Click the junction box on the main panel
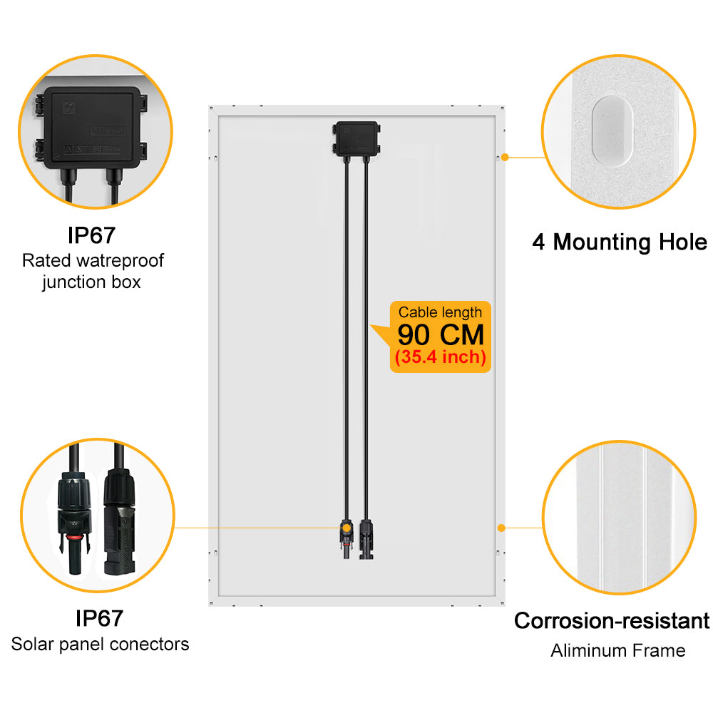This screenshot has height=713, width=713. click(x=356, y=139)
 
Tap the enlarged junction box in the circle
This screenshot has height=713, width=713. click(x=92, y=128)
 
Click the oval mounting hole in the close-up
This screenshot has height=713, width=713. click(x=612, y=131)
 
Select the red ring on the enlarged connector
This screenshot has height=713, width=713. click(x=75, y=538)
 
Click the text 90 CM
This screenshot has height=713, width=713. click(x=441, y=335)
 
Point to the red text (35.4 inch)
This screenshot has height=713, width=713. click(x=441, y=357)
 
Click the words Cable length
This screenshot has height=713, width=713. click(x=440, y=312)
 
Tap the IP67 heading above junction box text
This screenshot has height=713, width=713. click(x=91, y=235)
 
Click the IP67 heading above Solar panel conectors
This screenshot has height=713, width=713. click(x=99, y=618)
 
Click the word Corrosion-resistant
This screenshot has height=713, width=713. click(x=612, y=621)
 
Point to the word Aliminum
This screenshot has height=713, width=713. click(x=584, y=651)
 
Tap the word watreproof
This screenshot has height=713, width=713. click(x=120, y=260)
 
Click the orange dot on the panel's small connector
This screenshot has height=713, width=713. click(x=347, y=528)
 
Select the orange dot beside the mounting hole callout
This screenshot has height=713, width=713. click(x=505, y=158)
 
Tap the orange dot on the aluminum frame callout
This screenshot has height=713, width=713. click(x=501, y=528)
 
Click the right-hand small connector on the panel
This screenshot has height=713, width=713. click(x=366, y=540)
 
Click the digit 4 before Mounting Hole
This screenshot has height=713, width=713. click(x=538, y=242)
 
